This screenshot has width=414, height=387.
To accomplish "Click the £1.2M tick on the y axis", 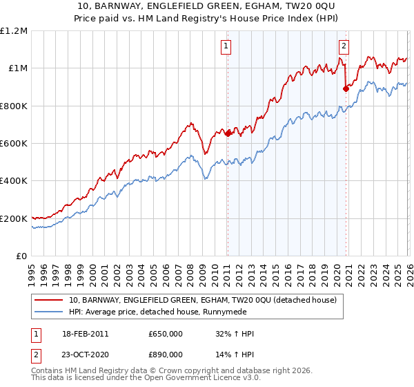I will pos(14,31).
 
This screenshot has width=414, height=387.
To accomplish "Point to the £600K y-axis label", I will pos(14,144).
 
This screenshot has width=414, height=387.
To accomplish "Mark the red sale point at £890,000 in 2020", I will pos(346,88).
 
